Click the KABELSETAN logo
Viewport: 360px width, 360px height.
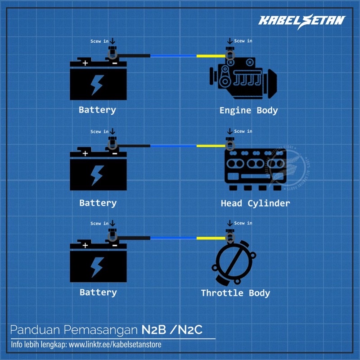point(301,20)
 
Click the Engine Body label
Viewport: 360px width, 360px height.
point(248,110)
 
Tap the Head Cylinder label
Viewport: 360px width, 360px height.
point(255,203)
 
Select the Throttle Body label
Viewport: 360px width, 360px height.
point(235,293)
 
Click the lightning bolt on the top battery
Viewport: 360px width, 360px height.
point(97,84)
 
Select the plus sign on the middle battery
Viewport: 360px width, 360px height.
point(85,153)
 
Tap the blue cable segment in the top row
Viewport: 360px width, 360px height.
point(173,56)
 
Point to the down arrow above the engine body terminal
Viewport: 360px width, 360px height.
point(230,42)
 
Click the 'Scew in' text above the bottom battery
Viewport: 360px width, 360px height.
point(99,224)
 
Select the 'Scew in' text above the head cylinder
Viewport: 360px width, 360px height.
point(243,131)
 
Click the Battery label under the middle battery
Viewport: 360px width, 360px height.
point(98,203)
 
